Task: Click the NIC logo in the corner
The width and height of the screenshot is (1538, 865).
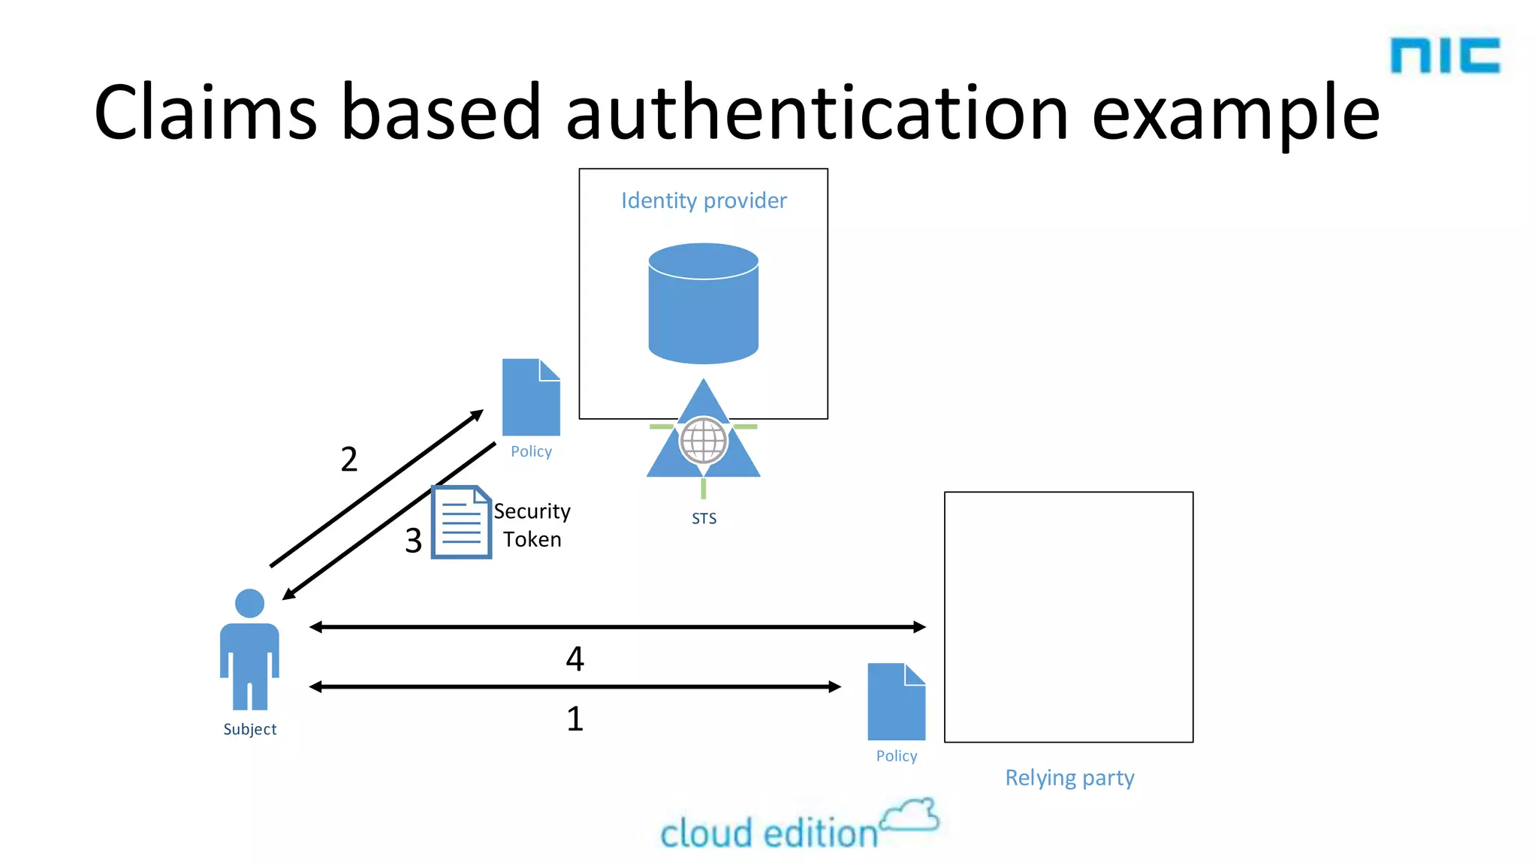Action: (1445, 56)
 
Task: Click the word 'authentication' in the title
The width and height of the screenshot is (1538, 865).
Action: (816, 113)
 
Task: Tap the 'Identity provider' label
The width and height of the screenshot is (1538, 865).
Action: (704, 200)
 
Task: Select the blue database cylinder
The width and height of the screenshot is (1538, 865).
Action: (704, 303)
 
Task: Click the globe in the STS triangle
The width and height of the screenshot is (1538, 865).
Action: (704, 441)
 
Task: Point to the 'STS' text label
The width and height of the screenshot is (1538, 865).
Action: (704, 518)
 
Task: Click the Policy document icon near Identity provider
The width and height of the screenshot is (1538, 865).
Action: (531, 397)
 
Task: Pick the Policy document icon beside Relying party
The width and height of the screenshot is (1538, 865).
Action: (896, 702)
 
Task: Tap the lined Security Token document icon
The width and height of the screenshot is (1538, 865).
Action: (461, 522)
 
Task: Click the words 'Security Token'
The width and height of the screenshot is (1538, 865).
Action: (532, 525)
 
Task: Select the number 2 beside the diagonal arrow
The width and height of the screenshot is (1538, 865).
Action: (349, 460)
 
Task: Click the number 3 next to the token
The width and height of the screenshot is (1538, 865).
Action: (413, 541)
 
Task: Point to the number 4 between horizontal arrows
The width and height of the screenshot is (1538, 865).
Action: (574, 659)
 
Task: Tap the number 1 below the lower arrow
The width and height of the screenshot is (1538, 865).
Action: (574, 719)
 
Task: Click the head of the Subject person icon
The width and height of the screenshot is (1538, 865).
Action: (249, 603)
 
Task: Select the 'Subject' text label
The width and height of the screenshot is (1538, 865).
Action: (249, 729)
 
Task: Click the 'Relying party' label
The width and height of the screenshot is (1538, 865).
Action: (1069, 778)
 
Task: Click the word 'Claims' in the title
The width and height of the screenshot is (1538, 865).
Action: (205, 113)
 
